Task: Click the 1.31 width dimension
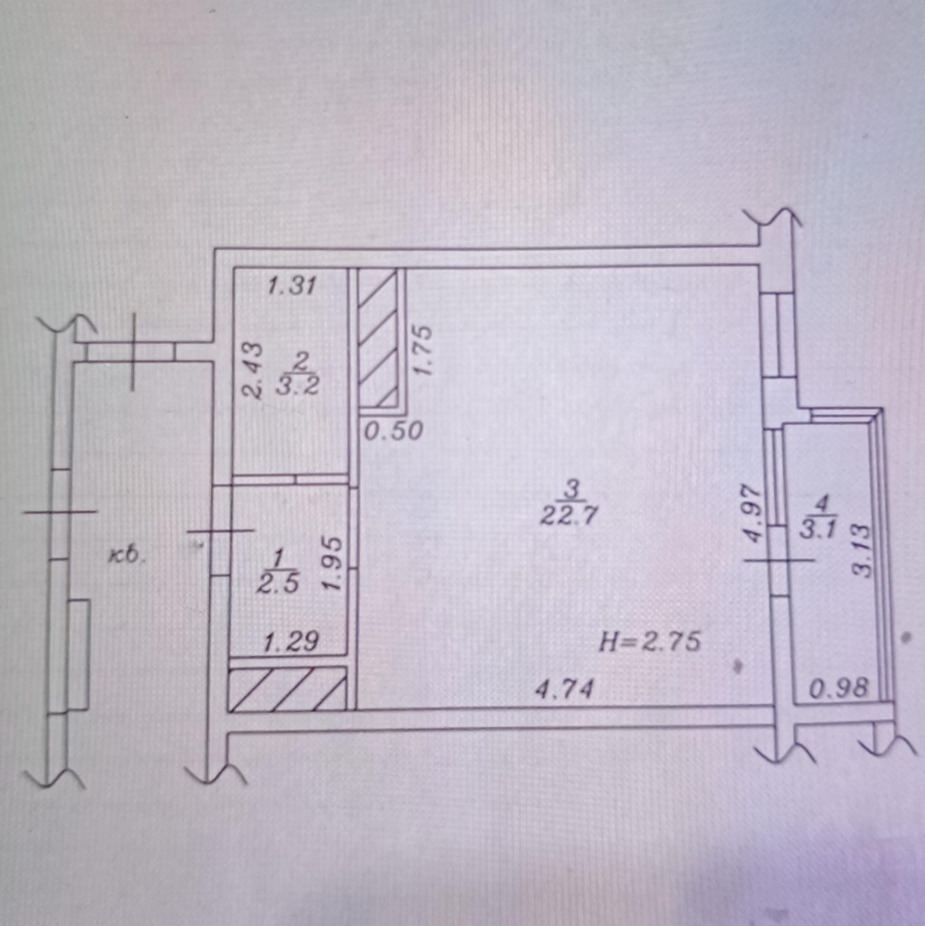click(291, 286)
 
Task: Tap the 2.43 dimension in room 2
click(251, 370)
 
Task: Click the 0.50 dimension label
click(393, 431)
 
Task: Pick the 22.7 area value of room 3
click(568, 517)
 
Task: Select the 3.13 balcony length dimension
click(861, 550)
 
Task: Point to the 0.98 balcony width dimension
click(839, 689)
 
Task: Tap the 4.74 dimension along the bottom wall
click(566, 689)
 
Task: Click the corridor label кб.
click(126, 556)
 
